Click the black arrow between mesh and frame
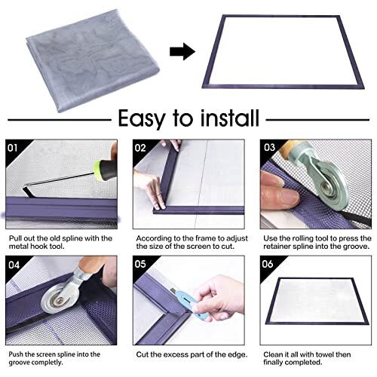tap(181, 52)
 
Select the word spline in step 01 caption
tap(72, 239)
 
